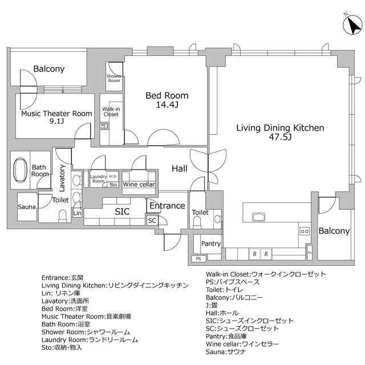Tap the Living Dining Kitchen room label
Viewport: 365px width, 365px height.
(x=280, y=128)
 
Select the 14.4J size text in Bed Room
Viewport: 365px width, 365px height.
(x=167, y=105)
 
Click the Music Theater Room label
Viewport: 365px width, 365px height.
(x=56, y=113)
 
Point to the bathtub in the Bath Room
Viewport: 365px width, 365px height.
(x=21, y=170)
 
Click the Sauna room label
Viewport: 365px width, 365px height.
(x=27, y=206)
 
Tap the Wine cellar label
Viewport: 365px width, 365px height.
(x=139, y=184)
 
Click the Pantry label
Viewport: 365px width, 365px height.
(x=211, y=244)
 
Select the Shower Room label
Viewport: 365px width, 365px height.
(x=114, y=78)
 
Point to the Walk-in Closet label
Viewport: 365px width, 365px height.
(x=111, y=111)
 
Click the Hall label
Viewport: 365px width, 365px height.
(x=180, y=168)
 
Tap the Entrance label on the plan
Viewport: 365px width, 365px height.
(x=167, y=205)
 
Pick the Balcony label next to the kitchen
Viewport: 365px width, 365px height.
(x=334, y=231)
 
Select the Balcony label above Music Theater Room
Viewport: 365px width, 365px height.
(x=48, y=69)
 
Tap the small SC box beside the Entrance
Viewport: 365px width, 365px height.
(x=152, y=220)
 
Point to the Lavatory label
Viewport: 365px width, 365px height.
(x=62, y=177)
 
